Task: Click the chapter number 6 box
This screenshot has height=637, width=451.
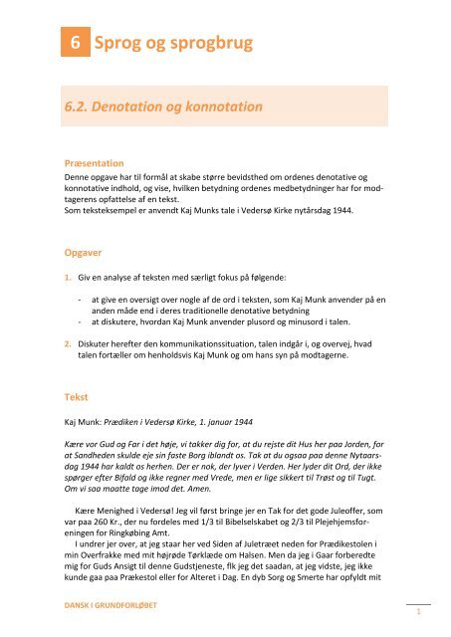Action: (72, 44)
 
